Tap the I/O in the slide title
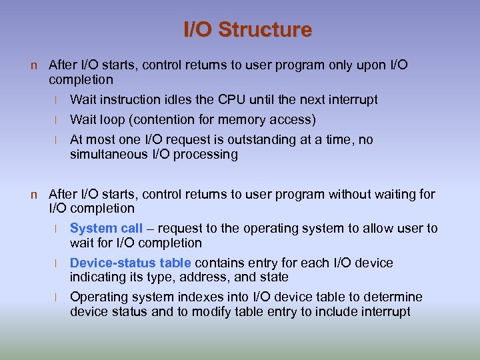coord(199,30)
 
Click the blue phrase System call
coord(106,229)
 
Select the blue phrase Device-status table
coord(131,263)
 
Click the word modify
coord(199,312)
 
